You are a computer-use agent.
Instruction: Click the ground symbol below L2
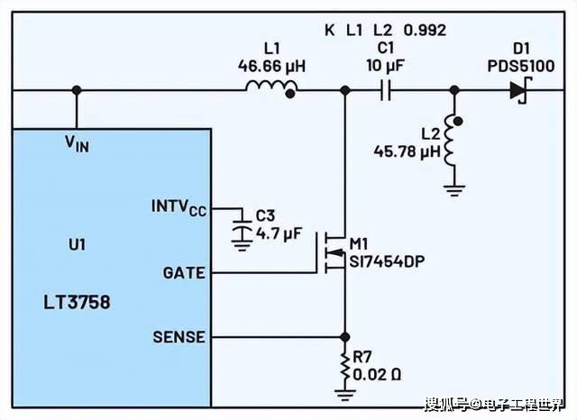coord(453,188)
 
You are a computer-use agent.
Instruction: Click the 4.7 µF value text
coord(278,233)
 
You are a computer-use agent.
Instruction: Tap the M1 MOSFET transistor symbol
coord(334,252)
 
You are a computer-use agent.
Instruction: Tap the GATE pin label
coord(183,272)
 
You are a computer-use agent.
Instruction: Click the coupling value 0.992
coord(425,30)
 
